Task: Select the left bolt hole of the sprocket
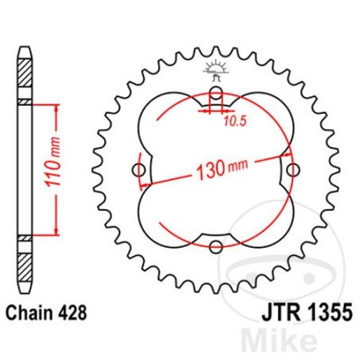[x=140, y=170]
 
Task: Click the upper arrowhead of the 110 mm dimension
[x=55, y=107]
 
